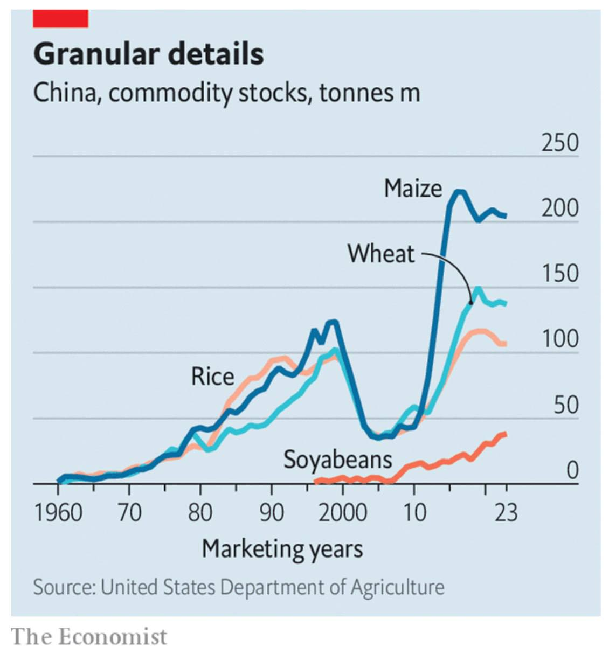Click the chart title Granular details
coord(149,54)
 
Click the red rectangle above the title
coord(60,19)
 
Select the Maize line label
coord(413,189)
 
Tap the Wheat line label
coord(381,254)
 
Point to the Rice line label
coord(212,377)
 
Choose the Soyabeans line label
coord(338,460)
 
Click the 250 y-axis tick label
coord(560,143)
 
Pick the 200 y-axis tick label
coord(560,208)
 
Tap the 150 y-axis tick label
coord(560,274)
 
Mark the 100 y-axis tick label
coord(560,339)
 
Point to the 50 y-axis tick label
coord(566,405)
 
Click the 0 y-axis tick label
coord(572,471)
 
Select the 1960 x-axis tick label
coord(58,512)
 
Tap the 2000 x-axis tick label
coord(343,512)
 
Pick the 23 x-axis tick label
coord(506,512)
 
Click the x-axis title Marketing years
coord(282,549)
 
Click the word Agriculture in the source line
coord(398,587)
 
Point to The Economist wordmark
coord(89,636)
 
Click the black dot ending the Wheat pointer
coord(470,303)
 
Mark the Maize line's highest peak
coord(459,192)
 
